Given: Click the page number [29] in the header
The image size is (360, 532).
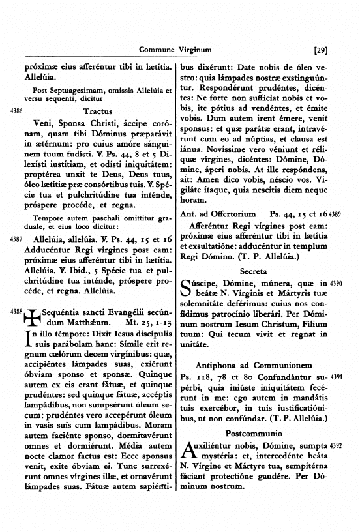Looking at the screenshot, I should [320, 49].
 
